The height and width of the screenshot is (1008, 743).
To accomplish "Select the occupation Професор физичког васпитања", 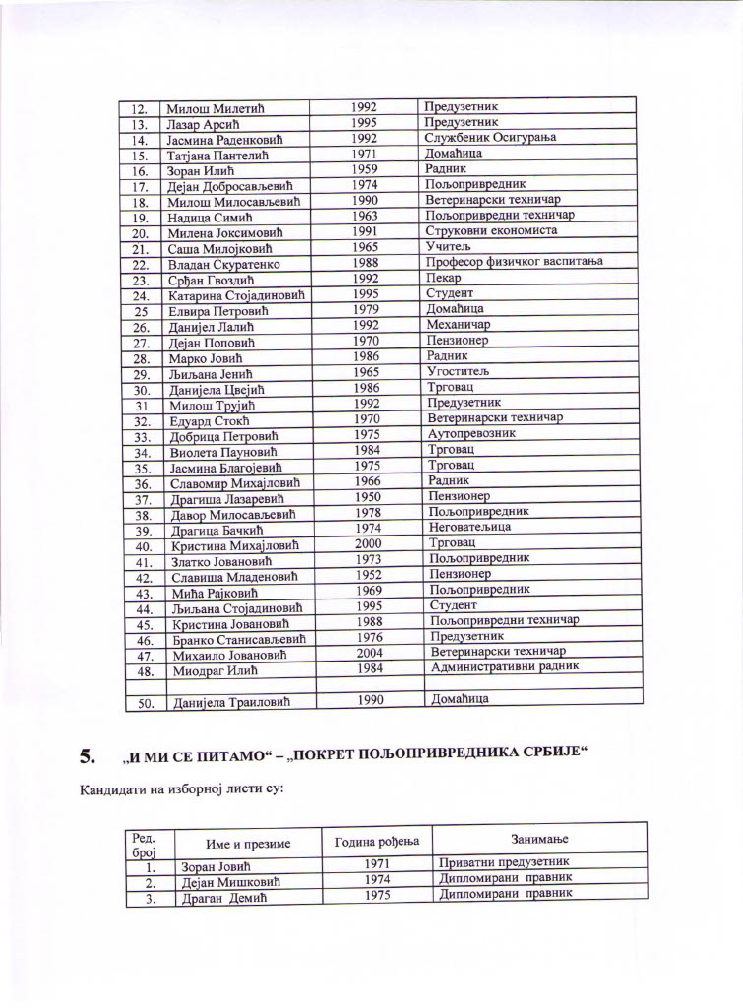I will [513, 261].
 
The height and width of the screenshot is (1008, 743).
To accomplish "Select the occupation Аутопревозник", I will [473, 432].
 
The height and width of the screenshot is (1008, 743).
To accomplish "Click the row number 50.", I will [143, 702].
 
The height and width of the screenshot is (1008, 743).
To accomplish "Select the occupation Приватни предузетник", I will [504, 862].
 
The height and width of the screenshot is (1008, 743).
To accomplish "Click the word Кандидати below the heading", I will [110, 789].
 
